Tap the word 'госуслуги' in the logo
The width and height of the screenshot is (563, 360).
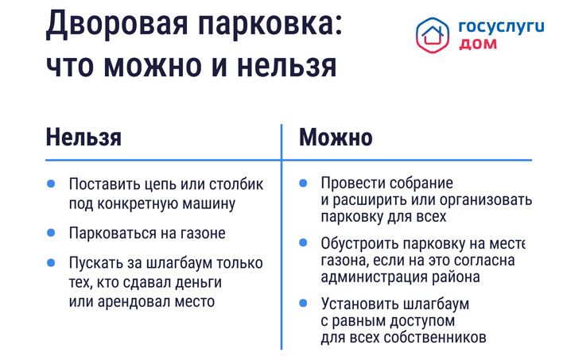pos(501,26)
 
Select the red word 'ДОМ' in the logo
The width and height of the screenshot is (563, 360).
pos(478,45)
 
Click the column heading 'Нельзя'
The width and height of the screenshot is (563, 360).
pos(83,137)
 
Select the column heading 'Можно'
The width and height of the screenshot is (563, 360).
pos(336,137)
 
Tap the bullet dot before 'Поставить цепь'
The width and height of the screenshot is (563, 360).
pos(51,184)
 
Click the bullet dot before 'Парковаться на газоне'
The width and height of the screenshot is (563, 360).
pos(51,233)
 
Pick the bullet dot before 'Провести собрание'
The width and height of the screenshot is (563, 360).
pos(303,183)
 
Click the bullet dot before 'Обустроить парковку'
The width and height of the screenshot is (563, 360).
pos(303,242)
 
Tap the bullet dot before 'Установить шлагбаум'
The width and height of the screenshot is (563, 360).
pos(303,303)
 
